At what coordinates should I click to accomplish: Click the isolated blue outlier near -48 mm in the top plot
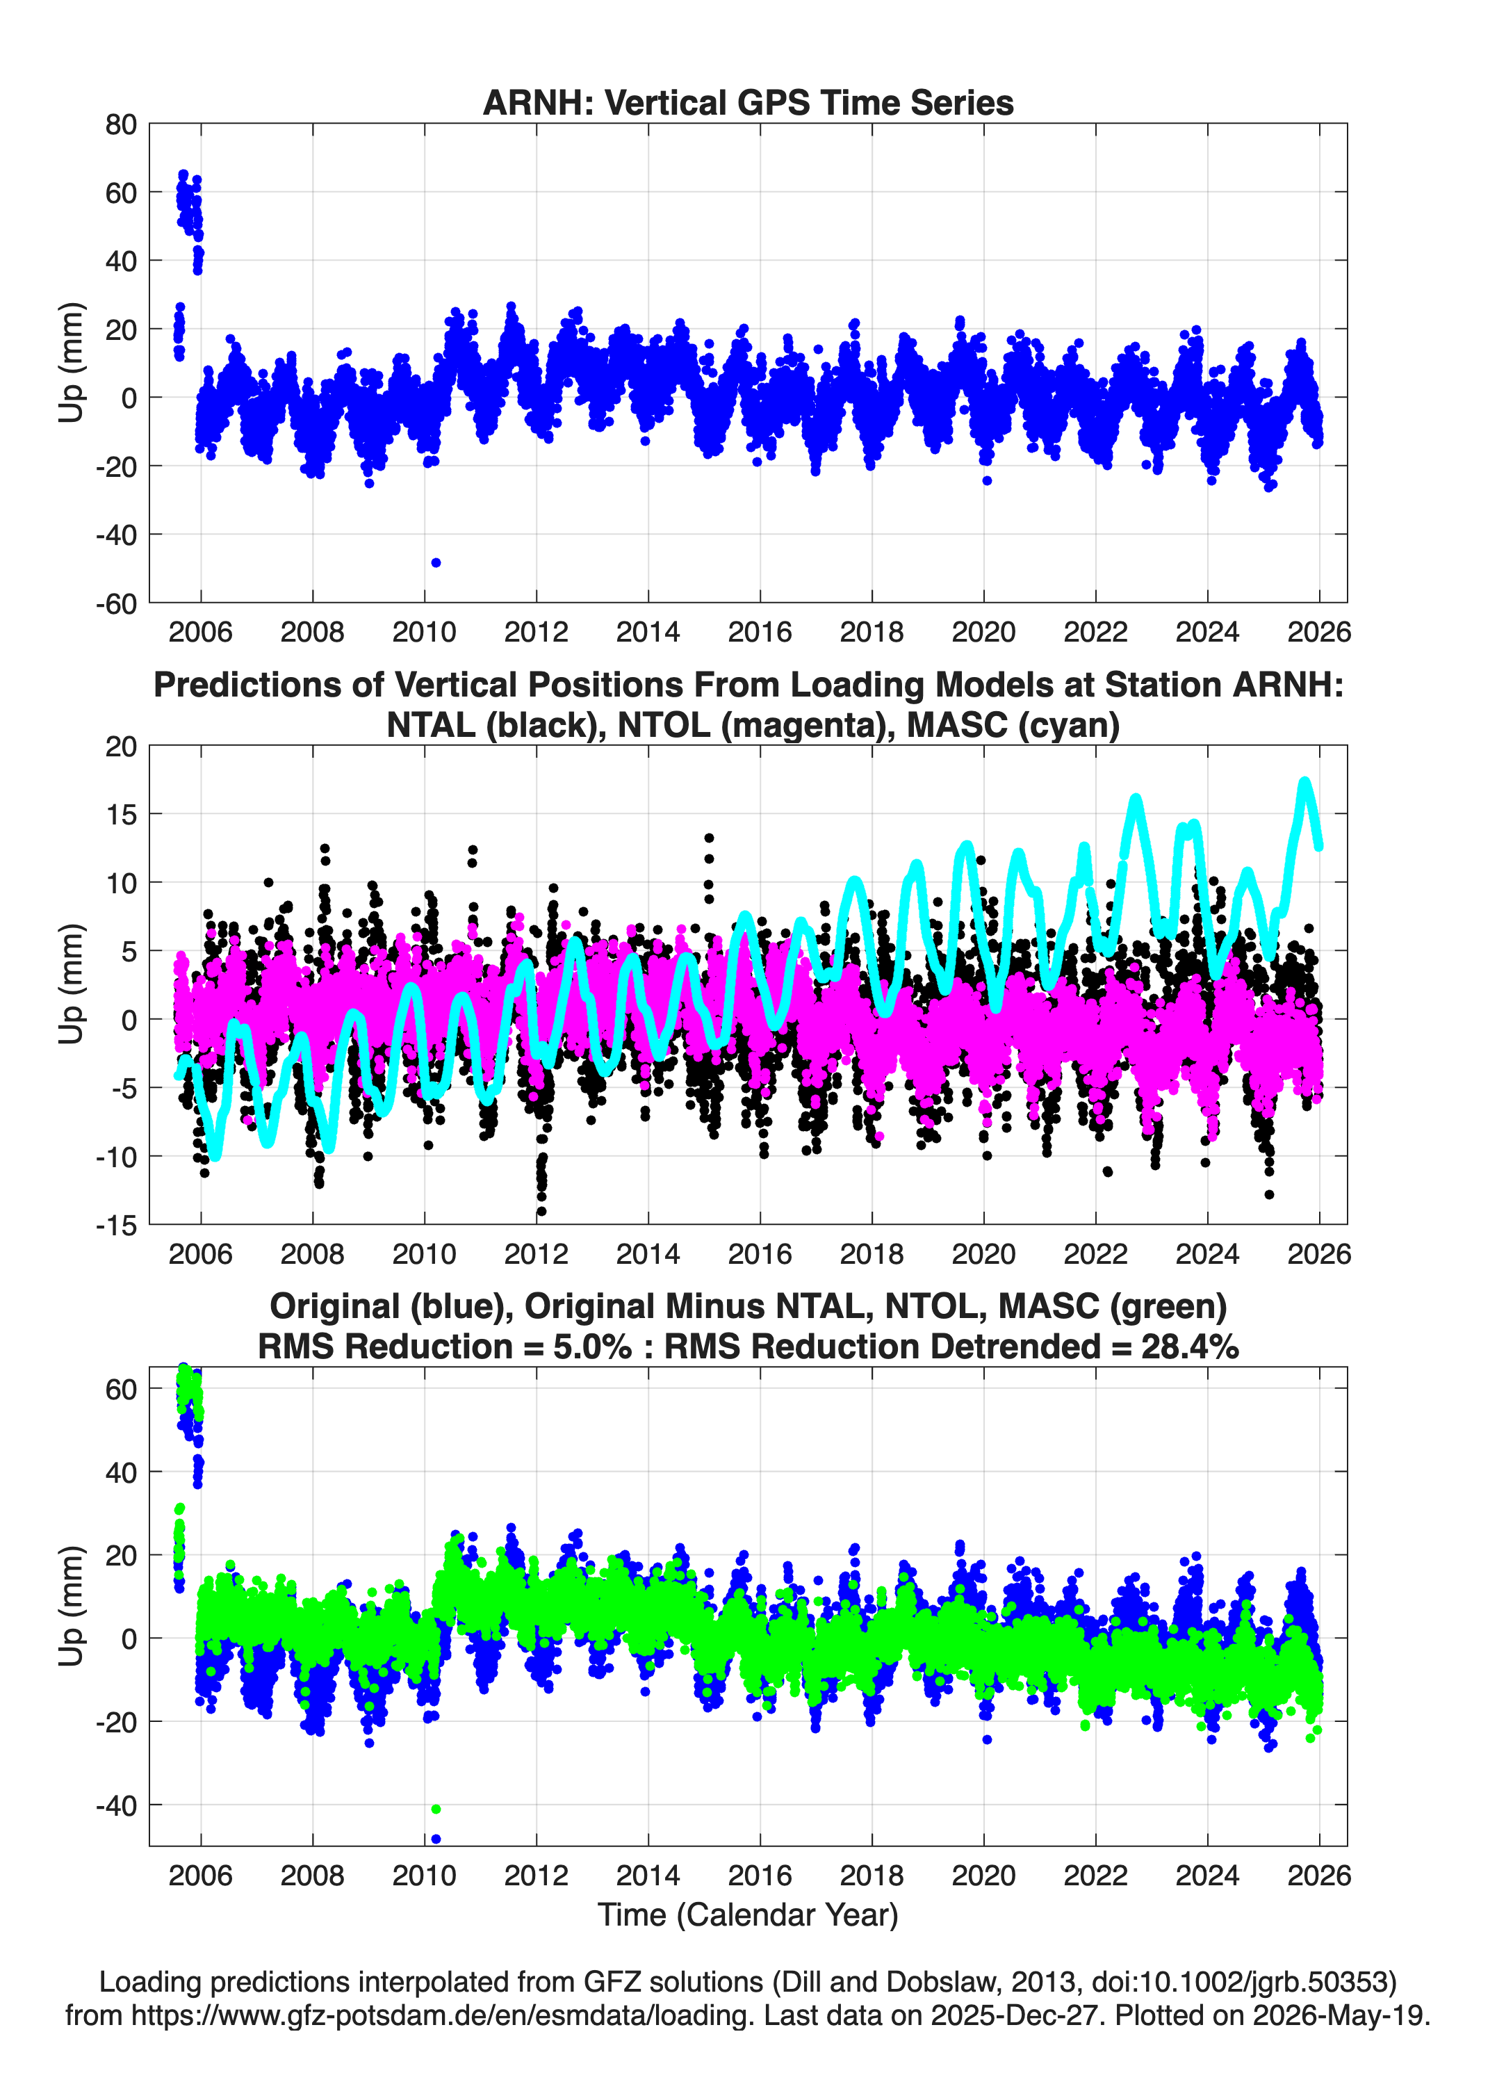pyautogui.click(x=436, y=563)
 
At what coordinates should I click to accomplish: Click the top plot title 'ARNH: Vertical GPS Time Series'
pyautogui.click(x=749, y=102)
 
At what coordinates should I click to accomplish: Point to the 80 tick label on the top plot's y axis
pyautogui.click(x=121, y=124)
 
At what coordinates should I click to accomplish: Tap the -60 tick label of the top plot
pyautogui.click(x=116, y=603)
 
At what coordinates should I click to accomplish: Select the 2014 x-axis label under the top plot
pyautogui.click(x=648, y=632)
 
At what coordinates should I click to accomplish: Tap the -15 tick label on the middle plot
pyautogui.click(x=116, y=1226)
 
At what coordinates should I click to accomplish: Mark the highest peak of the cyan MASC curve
pyautogui.click(x=1304, y=782)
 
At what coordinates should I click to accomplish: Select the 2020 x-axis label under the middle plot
pyautogui.click(x=983, y=1254)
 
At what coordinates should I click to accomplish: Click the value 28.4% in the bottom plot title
pyautogui.click(x=1190, y=1347)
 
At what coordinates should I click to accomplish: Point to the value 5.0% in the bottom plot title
pyautogui.click(x=591, y=1347)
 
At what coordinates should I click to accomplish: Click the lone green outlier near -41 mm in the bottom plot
pyautogui.click(x=436, y=1810)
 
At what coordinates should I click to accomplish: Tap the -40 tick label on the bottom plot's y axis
pyautogui.click(x=116, y=1806)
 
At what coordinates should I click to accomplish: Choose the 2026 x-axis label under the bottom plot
pyautogui.click(x=1319, y=1876)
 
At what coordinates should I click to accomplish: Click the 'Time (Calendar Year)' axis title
pyautogui.click(x=749, y=1915)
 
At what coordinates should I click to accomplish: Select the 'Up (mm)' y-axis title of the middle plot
pyautogui.click(x=72, y=984)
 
